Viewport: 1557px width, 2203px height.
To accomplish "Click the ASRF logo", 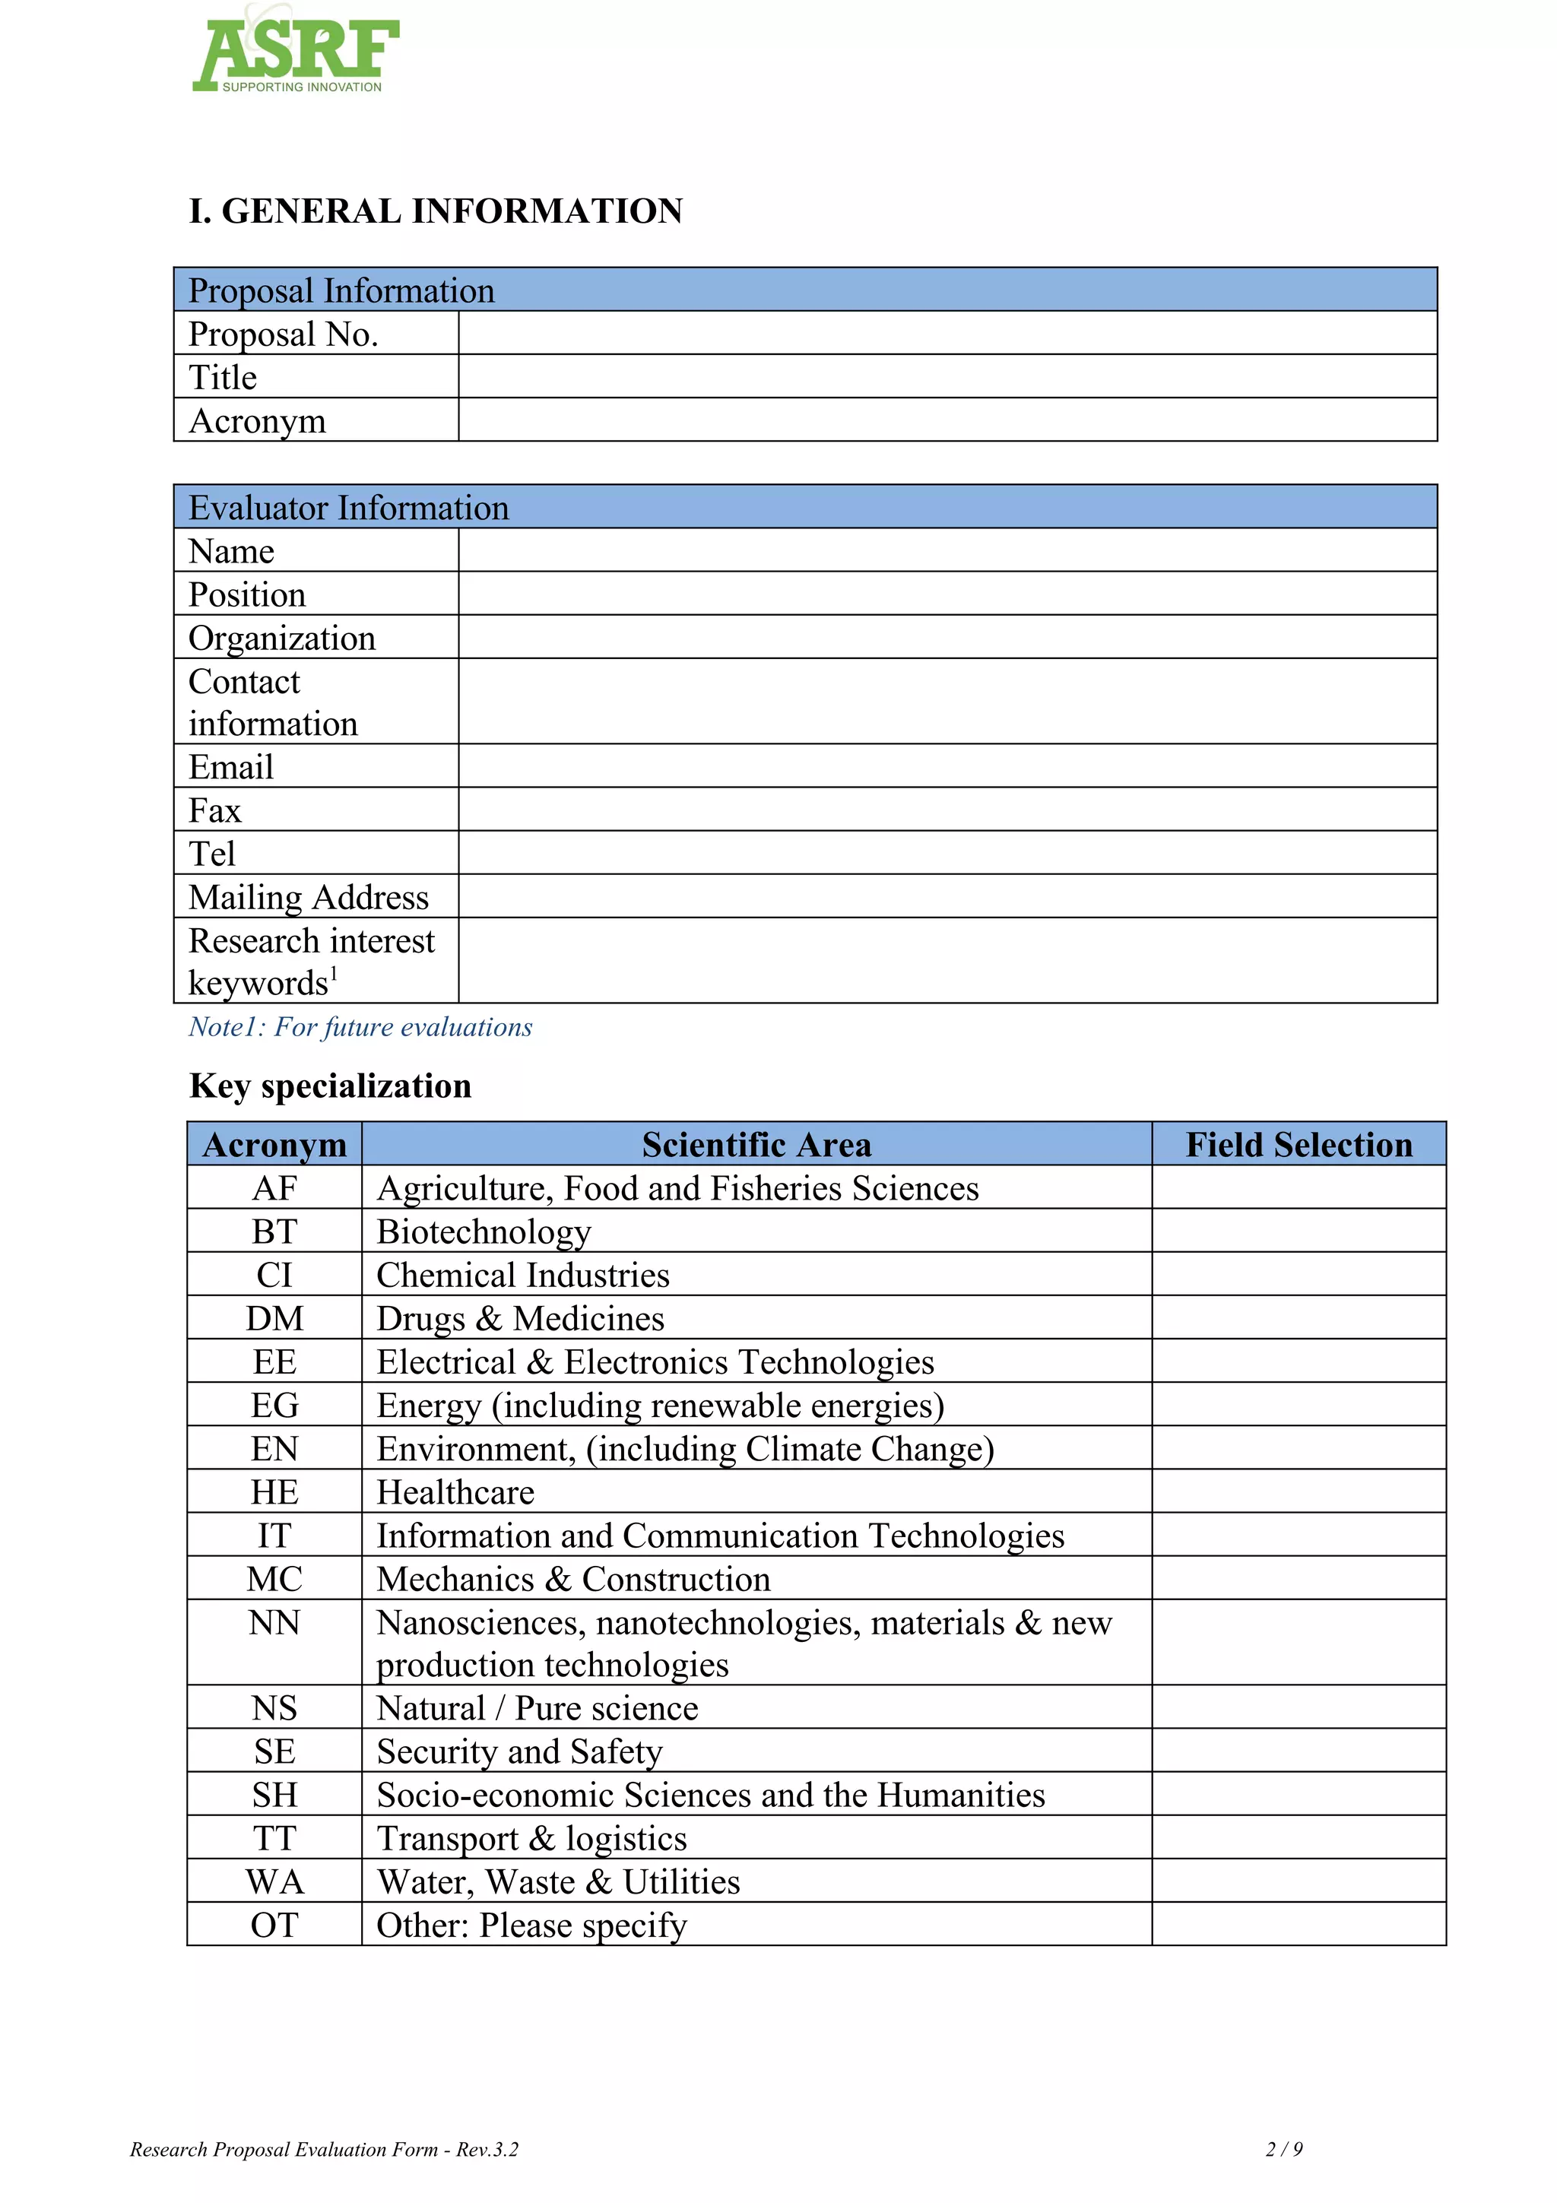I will click(x=296, y=52).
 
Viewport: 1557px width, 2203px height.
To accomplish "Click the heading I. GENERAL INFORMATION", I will click(x=436, y=211).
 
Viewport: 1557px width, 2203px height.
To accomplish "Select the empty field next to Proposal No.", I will click(x=947, y=333).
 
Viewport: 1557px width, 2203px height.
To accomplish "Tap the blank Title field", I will click(x=947, y=376).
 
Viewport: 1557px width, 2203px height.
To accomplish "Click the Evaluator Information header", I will click(x=348, y=508).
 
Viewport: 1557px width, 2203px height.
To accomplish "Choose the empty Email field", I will click(x=947, y=766).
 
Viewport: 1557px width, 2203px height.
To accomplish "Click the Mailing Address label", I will click(x=308, y=897).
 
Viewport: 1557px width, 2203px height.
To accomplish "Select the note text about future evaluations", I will click(x=360, y=1027).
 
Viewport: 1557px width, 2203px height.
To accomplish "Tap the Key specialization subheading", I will click(x=330, y=1086).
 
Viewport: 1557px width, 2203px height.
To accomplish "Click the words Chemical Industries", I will click(x=523, y=1275).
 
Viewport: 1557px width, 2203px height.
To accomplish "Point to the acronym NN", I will click(x=274, y=1622).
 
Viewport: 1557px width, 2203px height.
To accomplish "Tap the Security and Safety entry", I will click(x=519, y=1751).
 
